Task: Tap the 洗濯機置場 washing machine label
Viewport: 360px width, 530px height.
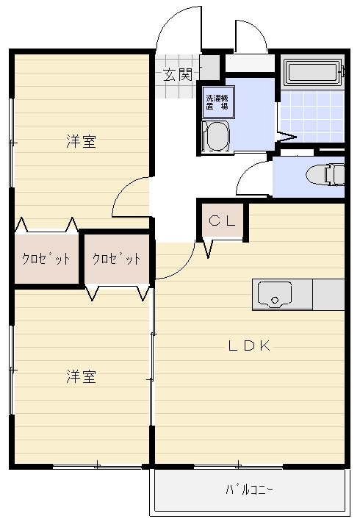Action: [217, 102]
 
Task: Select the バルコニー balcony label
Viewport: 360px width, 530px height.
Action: [249, 490]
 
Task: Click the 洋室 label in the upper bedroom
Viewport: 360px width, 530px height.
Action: [81, 141]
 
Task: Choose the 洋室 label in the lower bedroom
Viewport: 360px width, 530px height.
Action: [81, 377]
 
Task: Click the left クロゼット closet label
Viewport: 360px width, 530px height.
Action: [46, 259]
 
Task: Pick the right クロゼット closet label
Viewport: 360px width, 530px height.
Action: [117, 259]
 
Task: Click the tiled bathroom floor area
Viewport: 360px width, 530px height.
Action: [312, 115]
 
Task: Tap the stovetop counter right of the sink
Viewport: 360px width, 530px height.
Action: [328, 295]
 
